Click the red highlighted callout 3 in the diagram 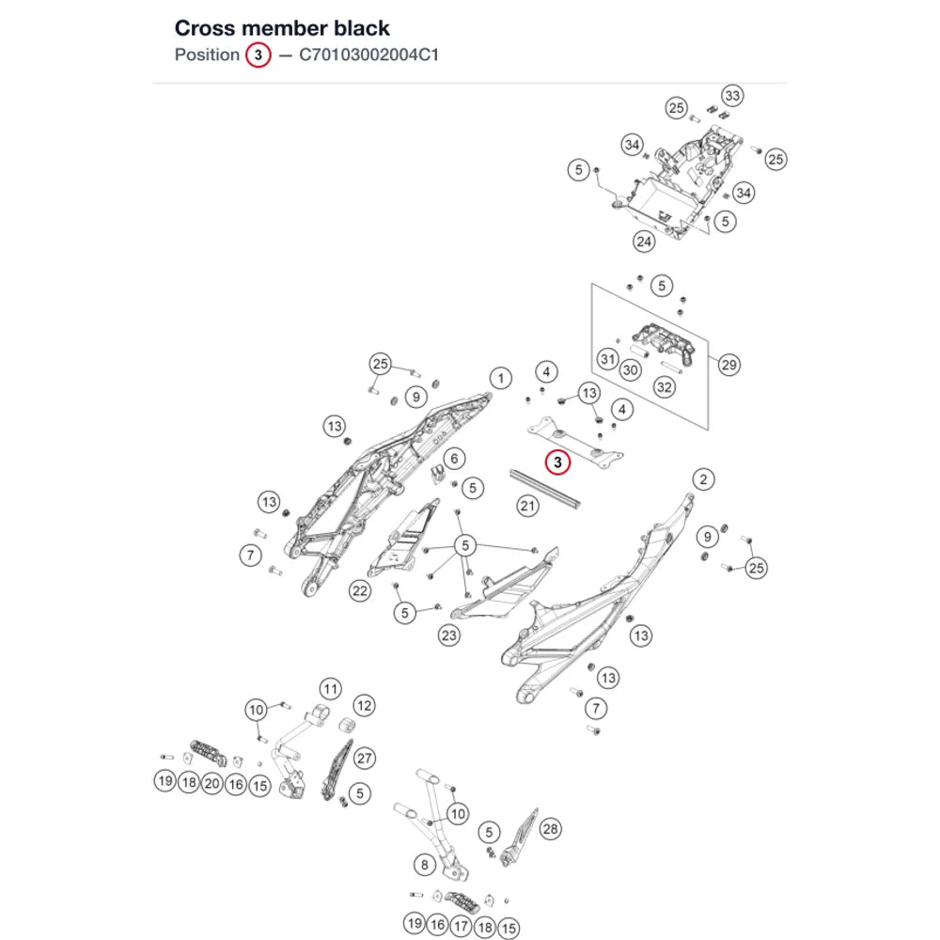coord(557,462)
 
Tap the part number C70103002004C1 coord(368,55)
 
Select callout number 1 coord(501,378)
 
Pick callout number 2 coord(703,479)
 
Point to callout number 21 coord(527,506)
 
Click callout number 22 coord(360,591)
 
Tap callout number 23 coord(449,635)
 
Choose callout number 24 coord(644,242)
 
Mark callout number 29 coord(729,365)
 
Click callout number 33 coord(732,96)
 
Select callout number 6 coord(454,459)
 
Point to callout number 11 coord(330,689)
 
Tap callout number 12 coord(365,706)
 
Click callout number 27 coord(365,759)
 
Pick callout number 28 coord(550,829)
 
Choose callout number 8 coord(425,865)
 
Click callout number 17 coord(461,926)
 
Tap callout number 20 coord(212,784)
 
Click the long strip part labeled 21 coord(545,490)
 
